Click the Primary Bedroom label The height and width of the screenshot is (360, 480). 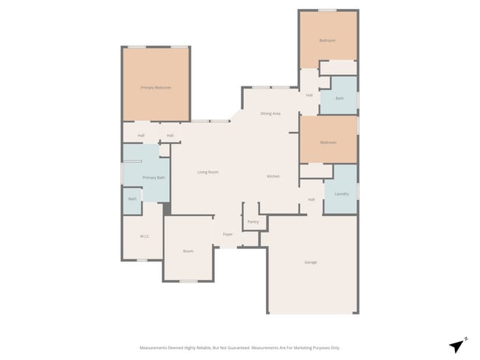(156, 88)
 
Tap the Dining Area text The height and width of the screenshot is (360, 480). (270, 114)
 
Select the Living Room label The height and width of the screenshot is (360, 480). (208, 172)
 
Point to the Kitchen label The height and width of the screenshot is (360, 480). (273, 176)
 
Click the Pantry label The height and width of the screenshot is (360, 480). (253, 221)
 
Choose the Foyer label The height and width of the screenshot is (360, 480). (228, 235)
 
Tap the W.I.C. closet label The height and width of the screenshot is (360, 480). (145, 236)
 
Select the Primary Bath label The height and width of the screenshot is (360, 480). (154, 178)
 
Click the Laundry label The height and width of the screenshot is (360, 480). (341, 194)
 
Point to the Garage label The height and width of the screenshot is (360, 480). (311, 262)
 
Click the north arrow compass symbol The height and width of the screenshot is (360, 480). (458, 345)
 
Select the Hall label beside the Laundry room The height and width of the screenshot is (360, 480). (311, 199)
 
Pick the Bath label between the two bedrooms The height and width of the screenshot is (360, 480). (340, 98)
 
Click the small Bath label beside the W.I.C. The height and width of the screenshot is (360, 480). (133, 198)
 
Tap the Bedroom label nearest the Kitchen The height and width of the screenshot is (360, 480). (328, 142)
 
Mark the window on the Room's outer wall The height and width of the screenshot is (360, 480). (189, 281)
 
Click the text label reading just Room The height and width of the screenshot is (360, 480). (188, 252)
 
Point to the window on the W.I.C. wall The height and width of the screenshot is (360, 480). (142, 260)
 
